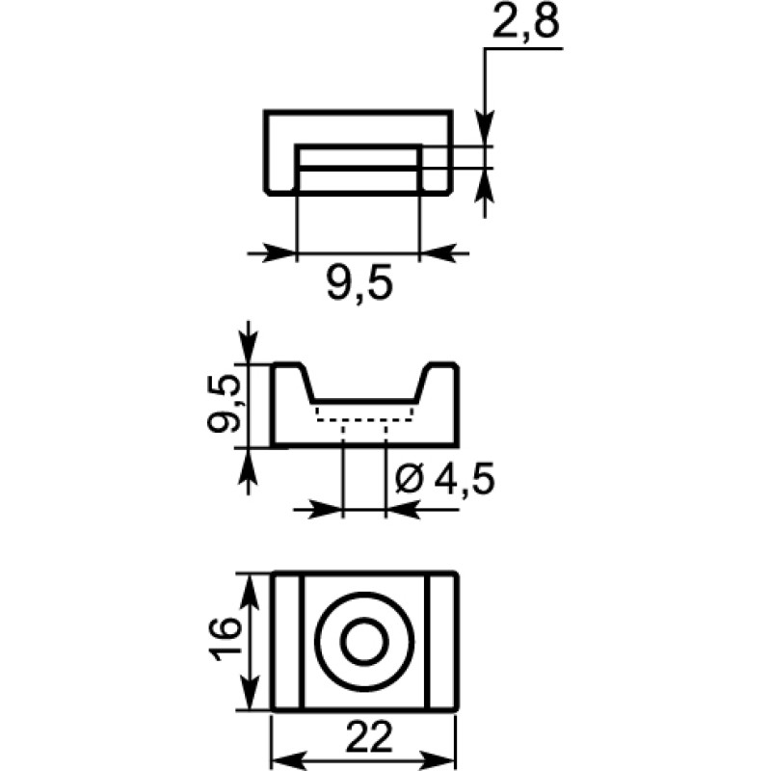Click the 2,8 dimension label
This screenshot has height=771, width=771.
(x=525, y=22)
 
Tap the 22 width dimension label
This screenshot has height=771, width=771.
(x=369, y=737)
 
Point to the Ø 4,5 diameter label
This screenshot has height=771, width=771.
(x=445, y=479)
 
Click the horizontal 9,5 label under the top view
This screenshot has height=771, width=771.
(x=359, y=284)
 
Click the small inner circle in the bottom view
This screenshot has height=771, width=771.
(x=364, y=642)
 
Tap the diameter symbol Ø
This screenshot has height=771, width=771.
(x=409, y=480)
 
